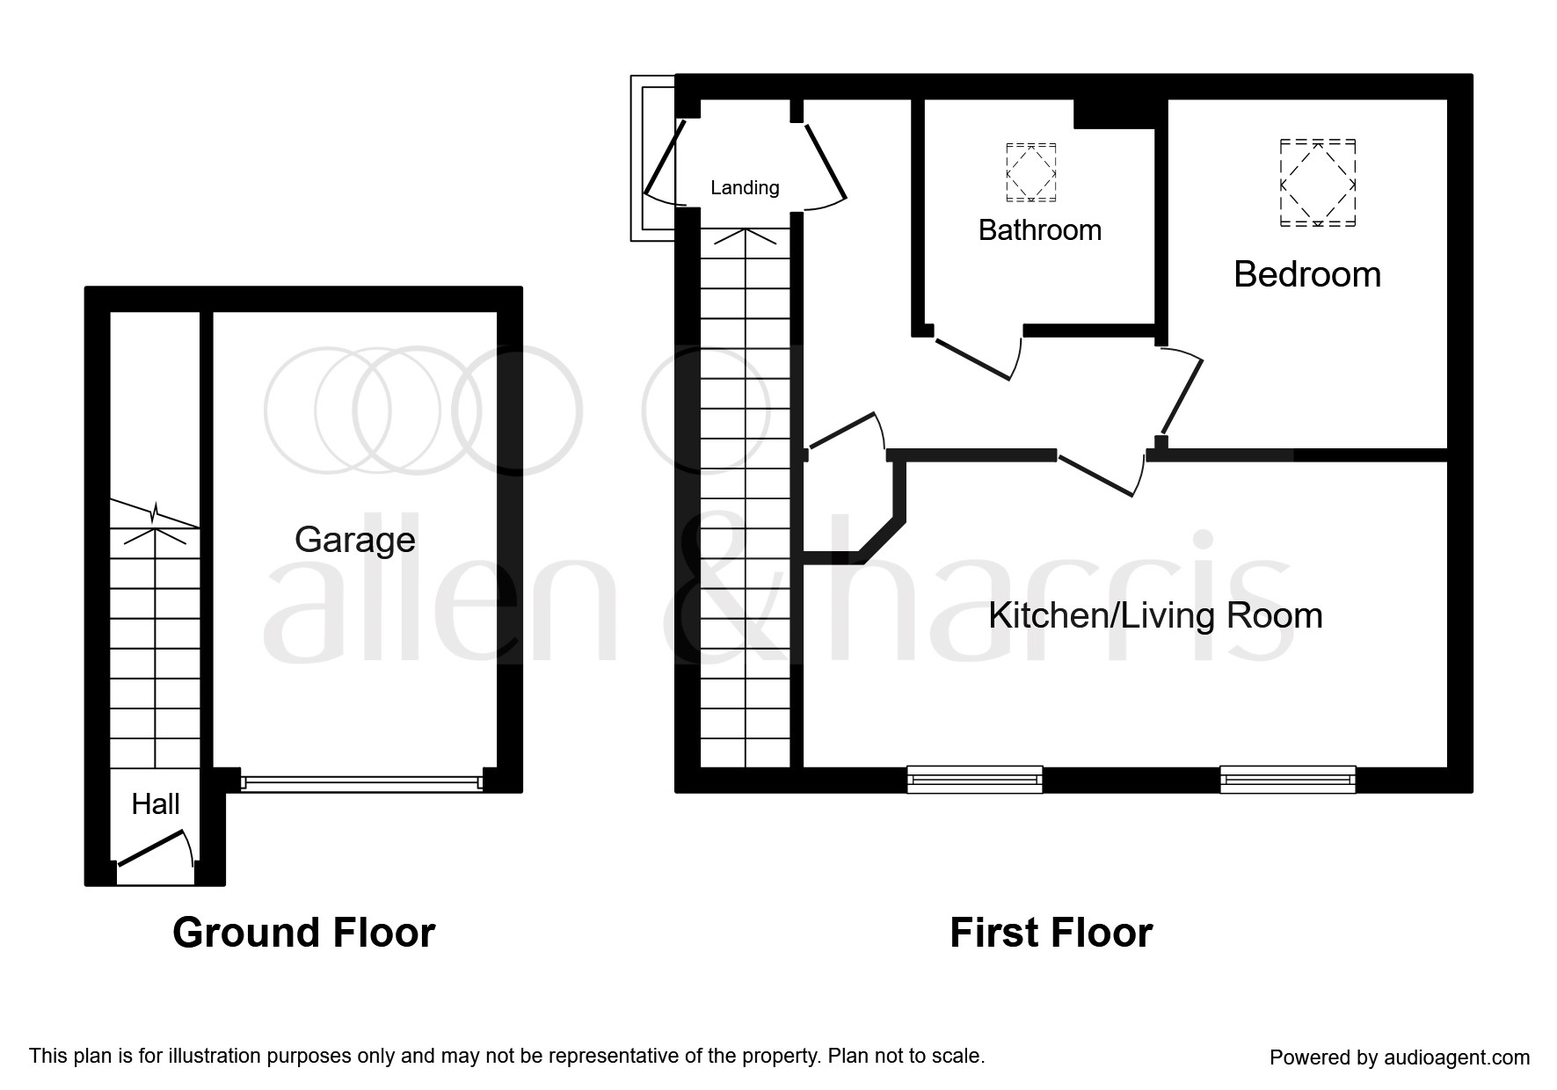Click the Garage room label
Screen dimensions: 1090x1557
click(354, 539)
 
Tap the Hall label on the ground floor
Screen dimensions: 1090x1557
click(156, 803)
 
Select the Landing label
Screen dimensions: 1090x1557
click(745, 187)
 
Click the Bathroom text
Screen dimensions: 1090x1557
click(1039, 230)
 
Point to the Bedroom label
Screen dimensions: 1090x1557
click(1306, 274)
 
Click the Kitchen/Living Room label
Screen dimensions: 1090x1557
click(1154, 615)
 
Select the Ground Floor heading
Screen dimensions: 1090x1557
click(303, 933)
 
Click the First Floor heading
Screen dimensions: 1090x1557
click(1051, 933)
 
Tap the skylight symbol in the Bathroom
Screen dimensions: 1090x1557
click(1030, 171)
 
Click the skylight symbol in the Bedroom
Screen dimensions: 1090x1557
click(1317, 183)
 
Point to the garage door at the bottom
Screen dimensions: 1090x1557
click(360, 781)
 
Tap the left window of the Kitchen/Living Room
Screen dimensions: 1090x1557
click(974, 779)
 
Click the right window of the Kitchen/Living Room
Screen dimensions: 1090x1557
click(1287, 779)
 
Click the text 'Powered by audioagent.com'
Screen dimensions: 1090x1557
click(1399, 1057)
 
